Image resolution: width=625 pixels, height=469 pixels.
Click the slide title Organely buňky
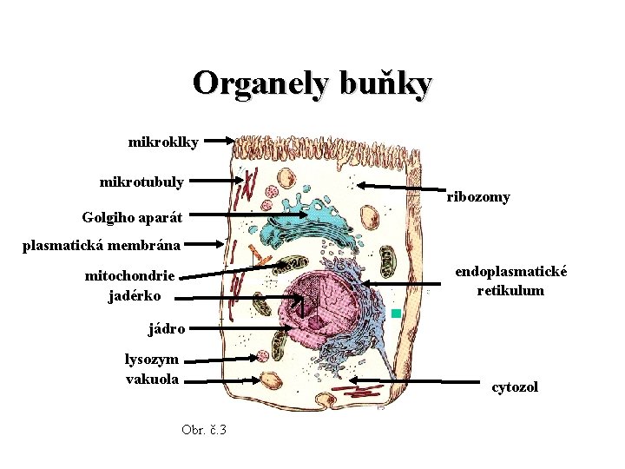pyautogui.click(x=312, y=83)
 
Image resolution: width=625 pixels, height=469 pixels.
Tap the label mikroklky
pyautogui.click(x=163, y=141)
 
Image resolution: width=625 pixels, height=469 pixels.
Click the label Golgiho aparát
pyautogui.click(x=132, y=216)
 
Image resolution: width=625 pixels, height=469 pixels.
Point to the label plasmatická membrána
pyautogui.click(x=102, y=245)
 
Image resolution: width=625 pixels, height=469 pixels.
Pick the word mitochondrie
pyautogui.click(x=129, y=276)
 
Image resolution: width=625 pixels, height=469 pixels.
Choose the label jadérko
pyautogui.click(x=135, y=296)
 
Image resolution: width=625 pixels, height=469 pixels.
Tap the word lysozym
pyautogui.click(x=152, y=359)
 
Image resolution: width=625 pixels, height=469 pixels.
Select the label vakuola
pyautogui.click(x=153, y=379)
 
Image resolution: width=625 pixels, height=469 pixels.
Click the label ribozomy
pyautogui.click(x=478, y=197)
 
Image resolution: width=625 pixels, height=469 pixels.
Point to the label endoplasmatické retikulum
pyautogui.click(x=511, y=281)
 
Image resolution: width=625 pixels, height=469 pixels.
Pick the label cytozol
pyautogui.click(x=515, y=386)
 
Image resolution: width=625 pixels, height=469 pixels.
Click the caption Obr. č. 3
pyautogui.click(x=204, y=429)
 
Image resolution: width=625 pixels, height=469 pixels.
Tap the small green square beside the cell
pyautogui.click(x=396, y=313)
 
